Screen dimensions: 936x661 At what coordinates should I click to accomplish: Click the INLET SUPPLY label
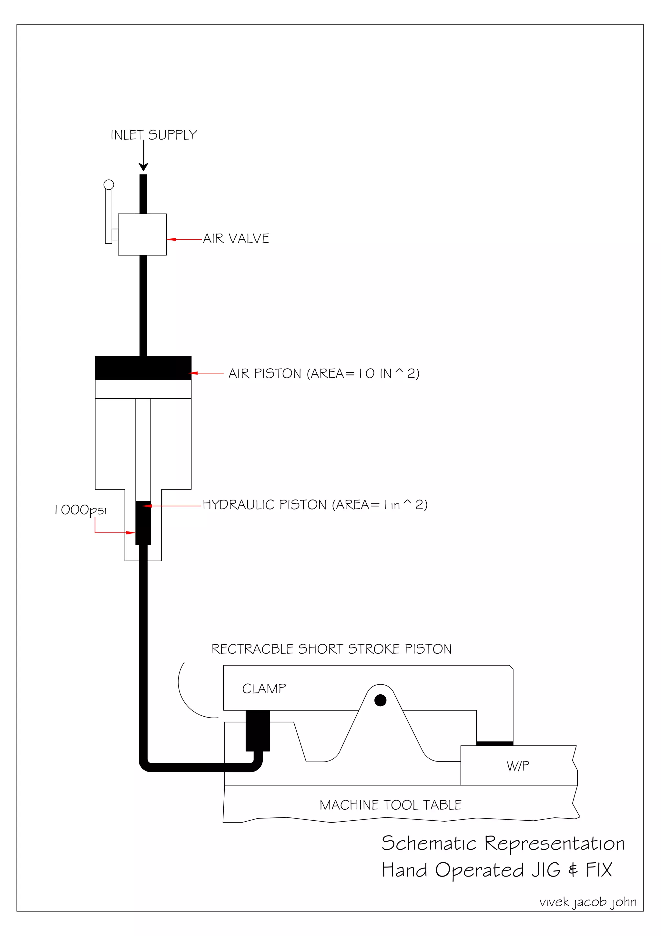point(154,135)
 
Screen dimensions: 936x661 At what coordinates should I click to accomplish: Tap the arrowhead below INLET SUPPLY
point(143,167)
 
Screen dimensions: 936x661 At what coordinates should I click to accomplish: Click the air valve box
point(142,235)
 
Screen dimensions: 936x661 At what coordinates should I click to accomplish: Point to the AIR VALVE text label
point(236,238)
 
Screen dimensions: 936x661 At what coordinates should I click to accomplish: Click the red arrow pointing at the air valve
point(184,239)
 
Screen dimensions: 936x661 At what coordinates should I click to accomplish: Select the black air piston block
point(143,368)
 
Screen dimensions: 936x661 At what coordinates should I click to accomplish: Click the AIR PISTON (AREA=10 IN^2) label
point(324,373)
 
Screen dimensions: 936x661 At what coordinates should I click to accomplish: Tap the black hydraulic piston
point(143,523)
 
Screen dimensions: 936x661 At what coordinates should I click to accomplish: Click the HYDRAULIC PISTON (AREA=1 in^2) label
point(315,505)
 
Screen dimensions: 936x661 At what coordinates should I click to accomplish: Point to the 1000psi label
point(81,510)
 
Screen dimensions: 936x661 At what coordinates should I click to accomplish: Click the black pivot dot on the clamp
point(380,700)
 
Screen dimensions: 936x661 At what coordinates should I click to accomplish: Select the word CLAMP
point(264,689)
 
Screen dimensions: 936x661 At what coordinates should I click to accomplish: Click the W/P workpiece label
point(518,766)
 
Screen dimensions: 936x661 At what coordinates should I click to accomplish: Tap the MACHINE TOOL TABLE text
point(391,805)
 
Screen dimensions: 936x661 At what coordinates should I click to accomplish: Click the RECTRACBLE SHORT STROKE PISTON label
point(331,649)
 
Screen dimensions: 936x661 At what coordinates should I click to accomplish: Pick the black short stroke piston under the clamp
point(257,731)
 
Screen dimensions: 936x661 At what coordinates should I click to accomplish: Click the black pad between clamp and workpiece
point(494,743)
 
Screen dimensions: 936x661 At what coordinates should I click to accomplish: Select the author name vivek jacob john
point(588,902)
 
